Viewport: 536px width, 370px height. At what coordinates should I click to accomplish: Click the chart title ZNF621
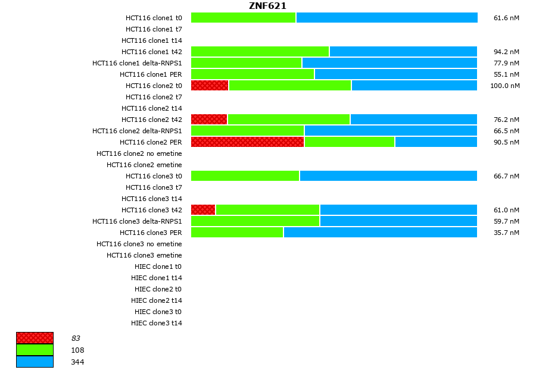point(267,6)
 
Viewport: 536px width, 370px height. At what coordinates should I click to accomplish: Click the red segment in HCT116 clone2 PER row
point(247,142)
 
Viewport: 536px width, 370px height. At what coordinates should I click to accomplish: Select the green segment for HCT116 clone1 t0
point(243,18)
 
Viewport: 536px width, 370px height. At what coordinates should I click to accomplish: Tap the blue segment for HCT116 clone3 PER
point(380,233)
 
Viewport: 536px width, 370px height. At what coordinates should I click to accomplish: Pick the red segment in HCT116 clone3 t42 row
point(203,210)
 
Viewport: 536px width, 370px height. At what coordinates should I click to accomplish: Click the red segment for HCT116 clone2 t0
point(210,86)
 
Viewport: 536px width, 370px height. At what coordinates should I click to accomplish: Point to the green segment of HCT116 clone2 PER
point(349,142)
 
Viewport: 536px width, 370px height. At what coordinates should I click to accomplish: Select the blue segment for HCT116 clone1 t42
point(403,52)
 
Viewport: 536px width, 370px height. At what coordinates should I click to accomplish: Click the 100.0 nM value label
point(505,86)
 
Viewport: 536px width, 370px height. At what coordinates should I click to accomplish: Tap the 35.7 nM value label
point(506,233)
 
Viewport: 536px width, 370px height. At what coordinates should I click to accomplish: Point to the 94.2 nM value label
point(506,52)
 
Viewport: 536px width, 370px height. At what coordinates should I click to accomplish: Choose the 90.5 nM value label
point(506,142)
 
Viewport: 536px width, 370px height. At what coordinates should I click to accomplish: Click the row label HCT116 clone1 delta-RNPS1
point(137,63)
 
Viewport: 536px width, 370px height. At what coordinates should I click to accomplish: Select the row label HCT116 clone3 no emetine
point(139,244)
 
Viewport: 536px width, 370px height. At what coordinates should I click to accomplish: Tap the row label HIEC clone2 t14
point(157,300)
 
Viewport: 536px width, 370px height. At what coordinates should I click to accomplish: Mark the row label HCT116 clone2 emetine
point(144,165)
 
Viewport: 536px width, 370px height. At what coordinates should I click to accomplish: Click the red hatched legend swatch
point(35,338)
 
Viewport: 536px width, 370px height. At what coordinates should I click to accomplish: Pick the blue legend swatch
point(35,362)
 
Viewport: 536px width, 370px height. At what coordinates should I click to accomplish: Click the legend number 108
point(77,350)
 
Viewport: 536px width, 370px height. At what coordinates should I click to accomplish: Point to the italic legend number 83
point(76,338)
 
